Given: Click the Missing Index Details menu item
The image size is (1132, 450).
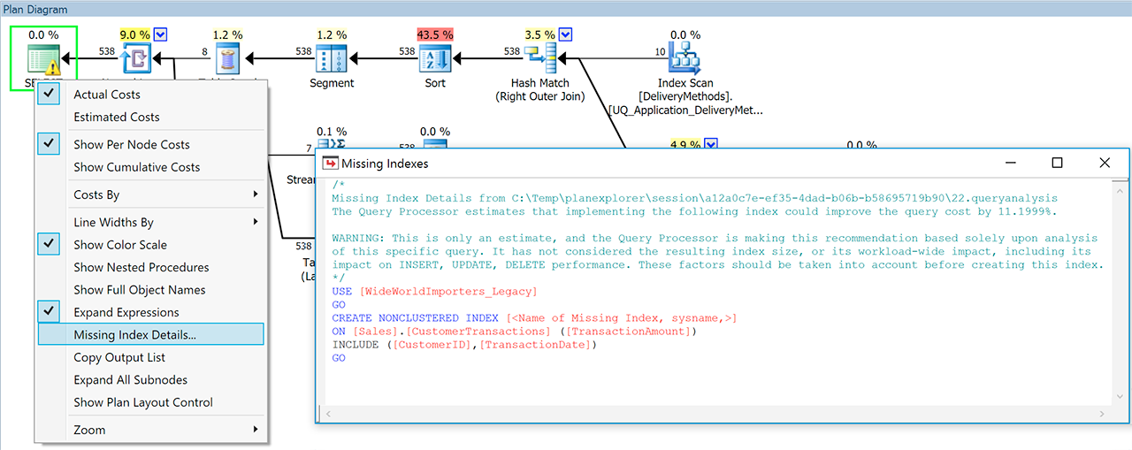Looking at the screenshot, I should (x=134, y=335).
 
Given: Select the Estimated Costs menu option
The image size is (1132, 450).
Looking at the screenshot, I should (x=117, y=117).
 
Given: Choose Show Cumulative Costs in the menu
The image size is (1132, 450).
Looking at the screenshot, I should (x=136, y=167).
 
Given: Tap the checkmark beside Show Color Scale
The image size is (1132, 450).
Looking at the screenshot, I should (x=49, y=245).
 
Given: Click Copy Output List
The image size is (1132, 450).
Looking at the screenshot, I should (x=119, y=357).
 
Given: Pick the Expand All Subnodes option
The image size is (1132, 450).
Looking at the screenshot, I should (x=130, y=380).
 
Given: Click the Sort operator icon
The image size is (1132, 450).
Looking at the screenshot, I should (x=435, y=58).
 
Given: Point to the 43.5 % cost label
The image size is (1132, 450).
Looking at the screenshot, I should (x=435, y=34).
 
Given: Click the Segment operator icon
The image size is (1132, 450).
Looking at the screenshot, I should (x=332, y=58).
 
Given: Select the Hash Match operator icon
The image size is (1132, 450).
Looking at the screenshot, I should (x=539, y=58).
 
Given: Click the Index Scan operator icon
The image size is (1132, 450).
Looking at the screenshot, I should (x=685, y=58).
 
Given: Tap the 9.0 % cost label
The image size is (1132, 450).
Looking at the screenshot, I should (x=134, y=34).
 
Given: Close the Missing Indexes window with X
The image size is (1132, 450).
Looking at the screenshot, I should (x=1105, y=163).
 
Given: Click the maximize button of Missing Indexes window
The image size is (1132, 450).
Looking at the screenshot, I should (x=1057, y=163).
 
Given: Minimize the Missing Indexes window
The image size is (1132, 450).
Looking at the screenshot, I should (x=1009, y=163).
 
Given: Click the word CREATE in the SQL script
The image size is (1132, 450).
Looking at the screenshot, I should (x=353, y=318).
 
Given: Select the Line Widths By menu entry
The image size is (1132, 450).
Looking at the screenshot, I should (x=113, y=222).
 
